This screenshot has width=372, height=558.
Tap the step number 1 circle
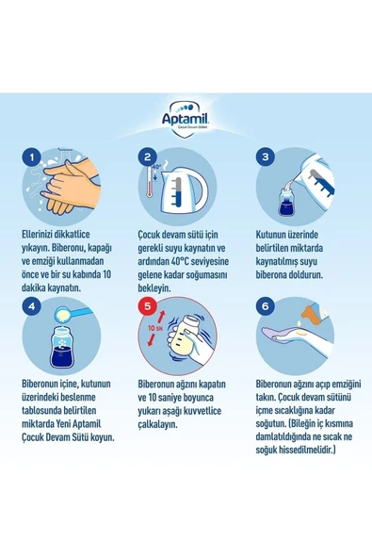pos(34,157)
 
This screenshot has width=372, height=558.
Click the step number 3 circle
pos(267,157)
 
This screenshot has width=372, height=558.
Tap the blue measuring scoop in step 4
pos(75,311)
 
